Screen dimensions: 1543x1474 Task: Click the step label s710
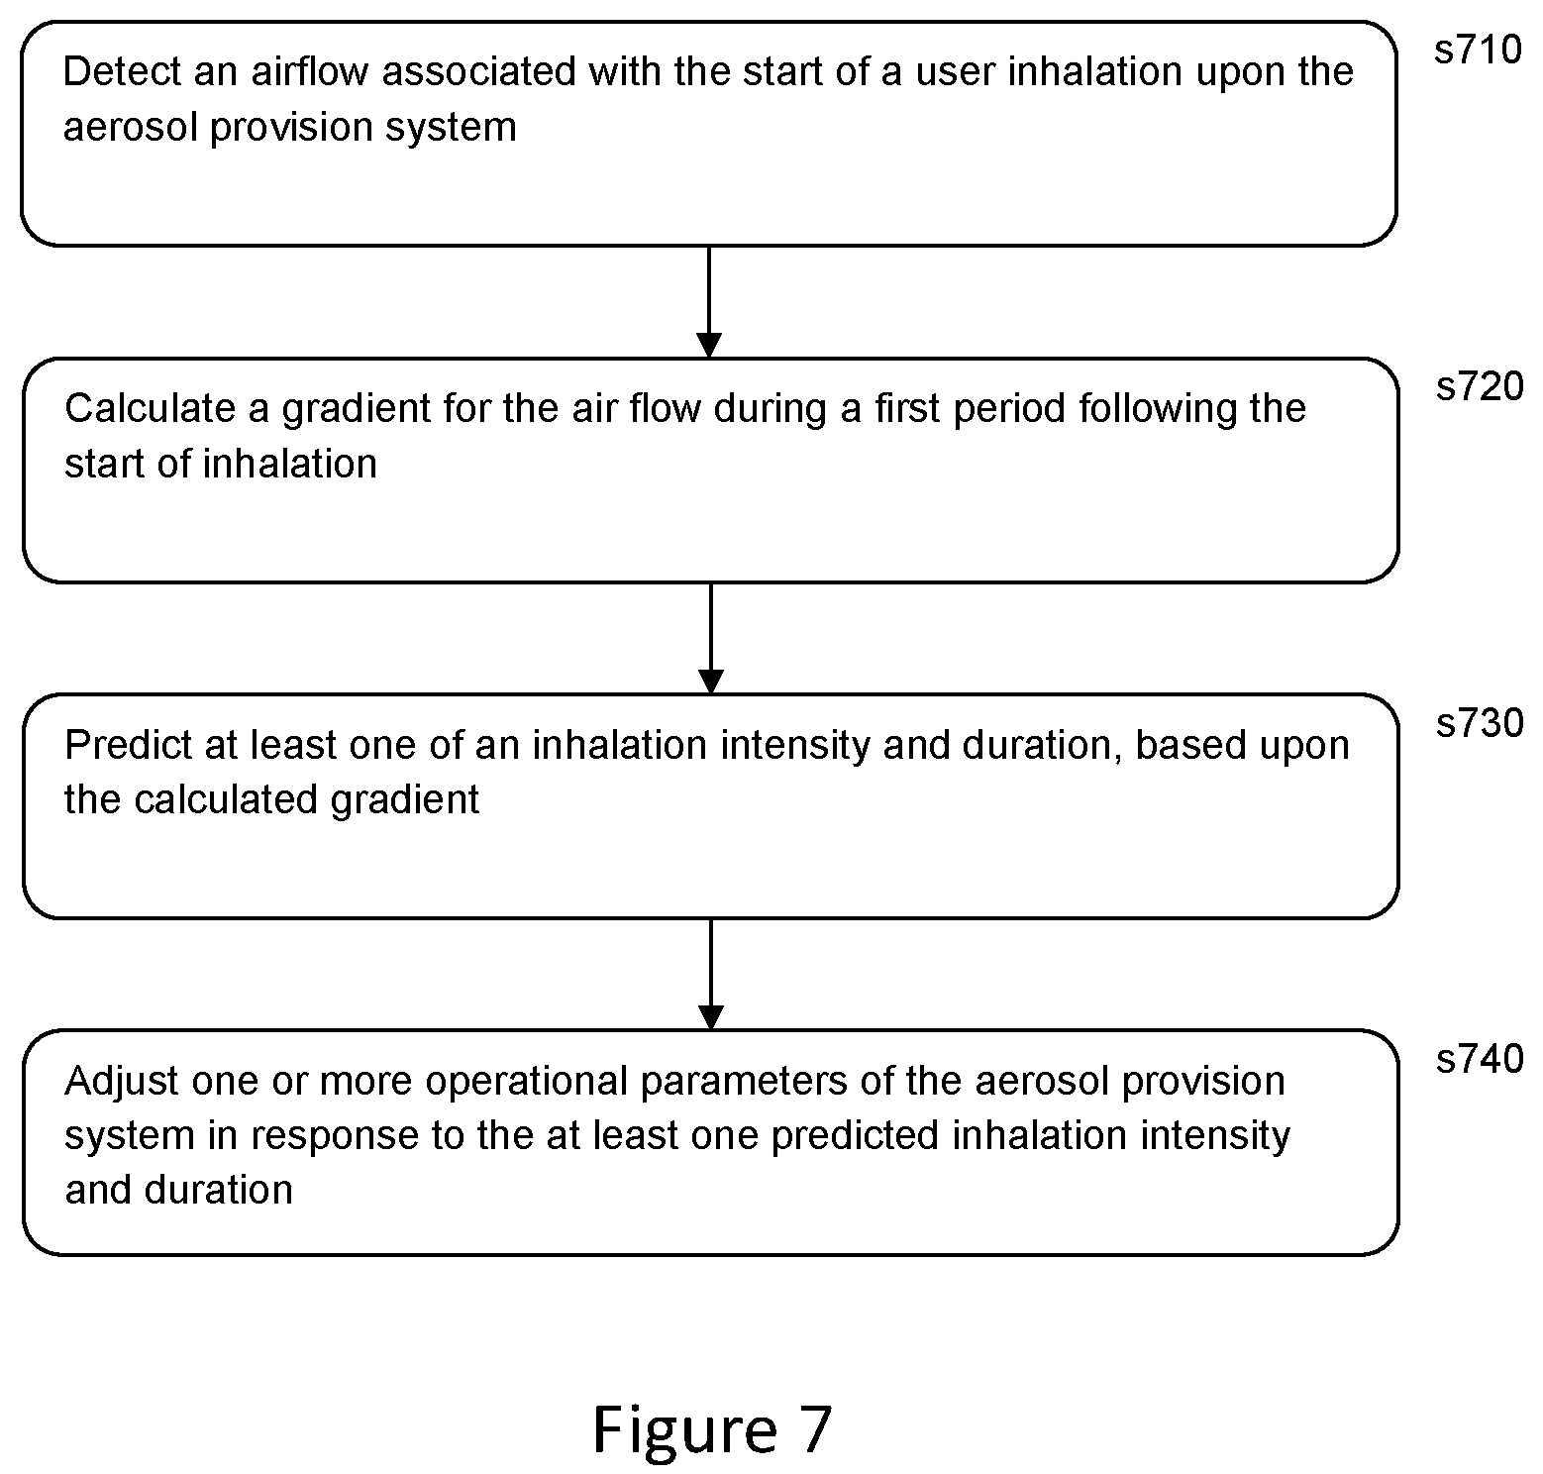1478,50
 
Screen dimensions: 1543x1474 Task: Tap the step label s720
1480,386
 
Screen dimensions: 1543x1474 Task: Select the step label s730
1480,723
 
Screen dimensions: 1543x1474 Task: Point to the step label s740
1480,1059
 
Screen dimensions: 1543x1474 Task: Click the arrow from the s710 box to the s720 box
709,301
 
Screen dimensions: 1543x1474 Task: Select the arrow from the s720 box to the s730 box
711,638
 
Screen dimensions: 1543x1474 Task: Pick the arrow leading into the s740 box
711,975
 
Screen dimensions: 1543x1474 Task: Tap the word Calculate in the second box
150,408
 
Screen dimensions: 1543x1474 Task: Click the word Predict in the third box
129,745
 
